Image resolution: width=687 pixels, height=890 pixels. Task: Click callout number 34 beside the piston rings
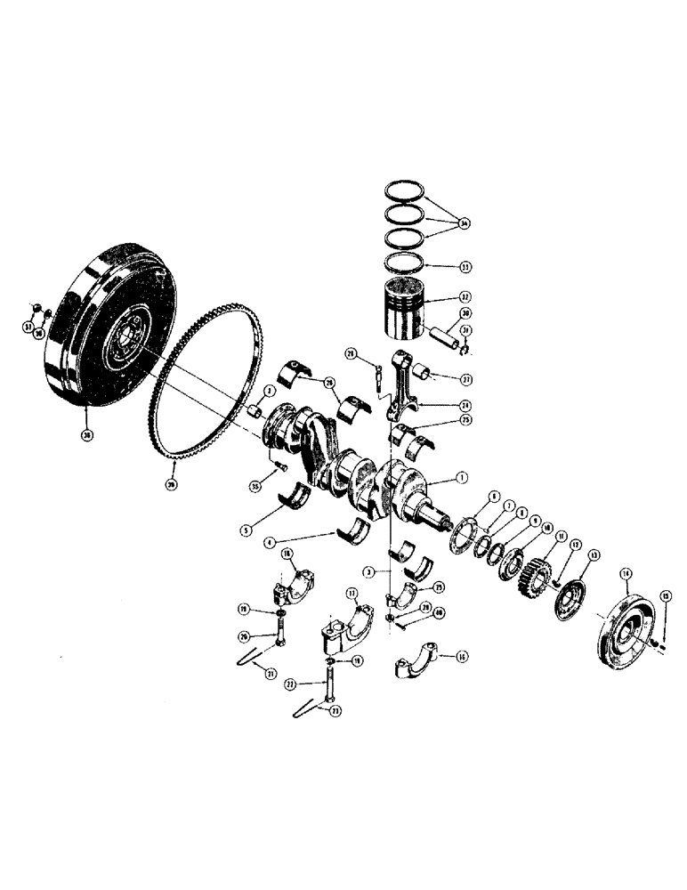point(464,222)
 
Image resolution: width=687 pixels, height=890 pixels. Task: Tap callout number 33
point(463,266)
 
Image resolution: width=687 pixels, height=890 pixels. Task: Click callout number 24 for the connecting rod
point(464,404)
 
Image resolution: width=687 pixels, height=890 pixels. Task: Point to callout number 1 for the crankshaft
point(461,477)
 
